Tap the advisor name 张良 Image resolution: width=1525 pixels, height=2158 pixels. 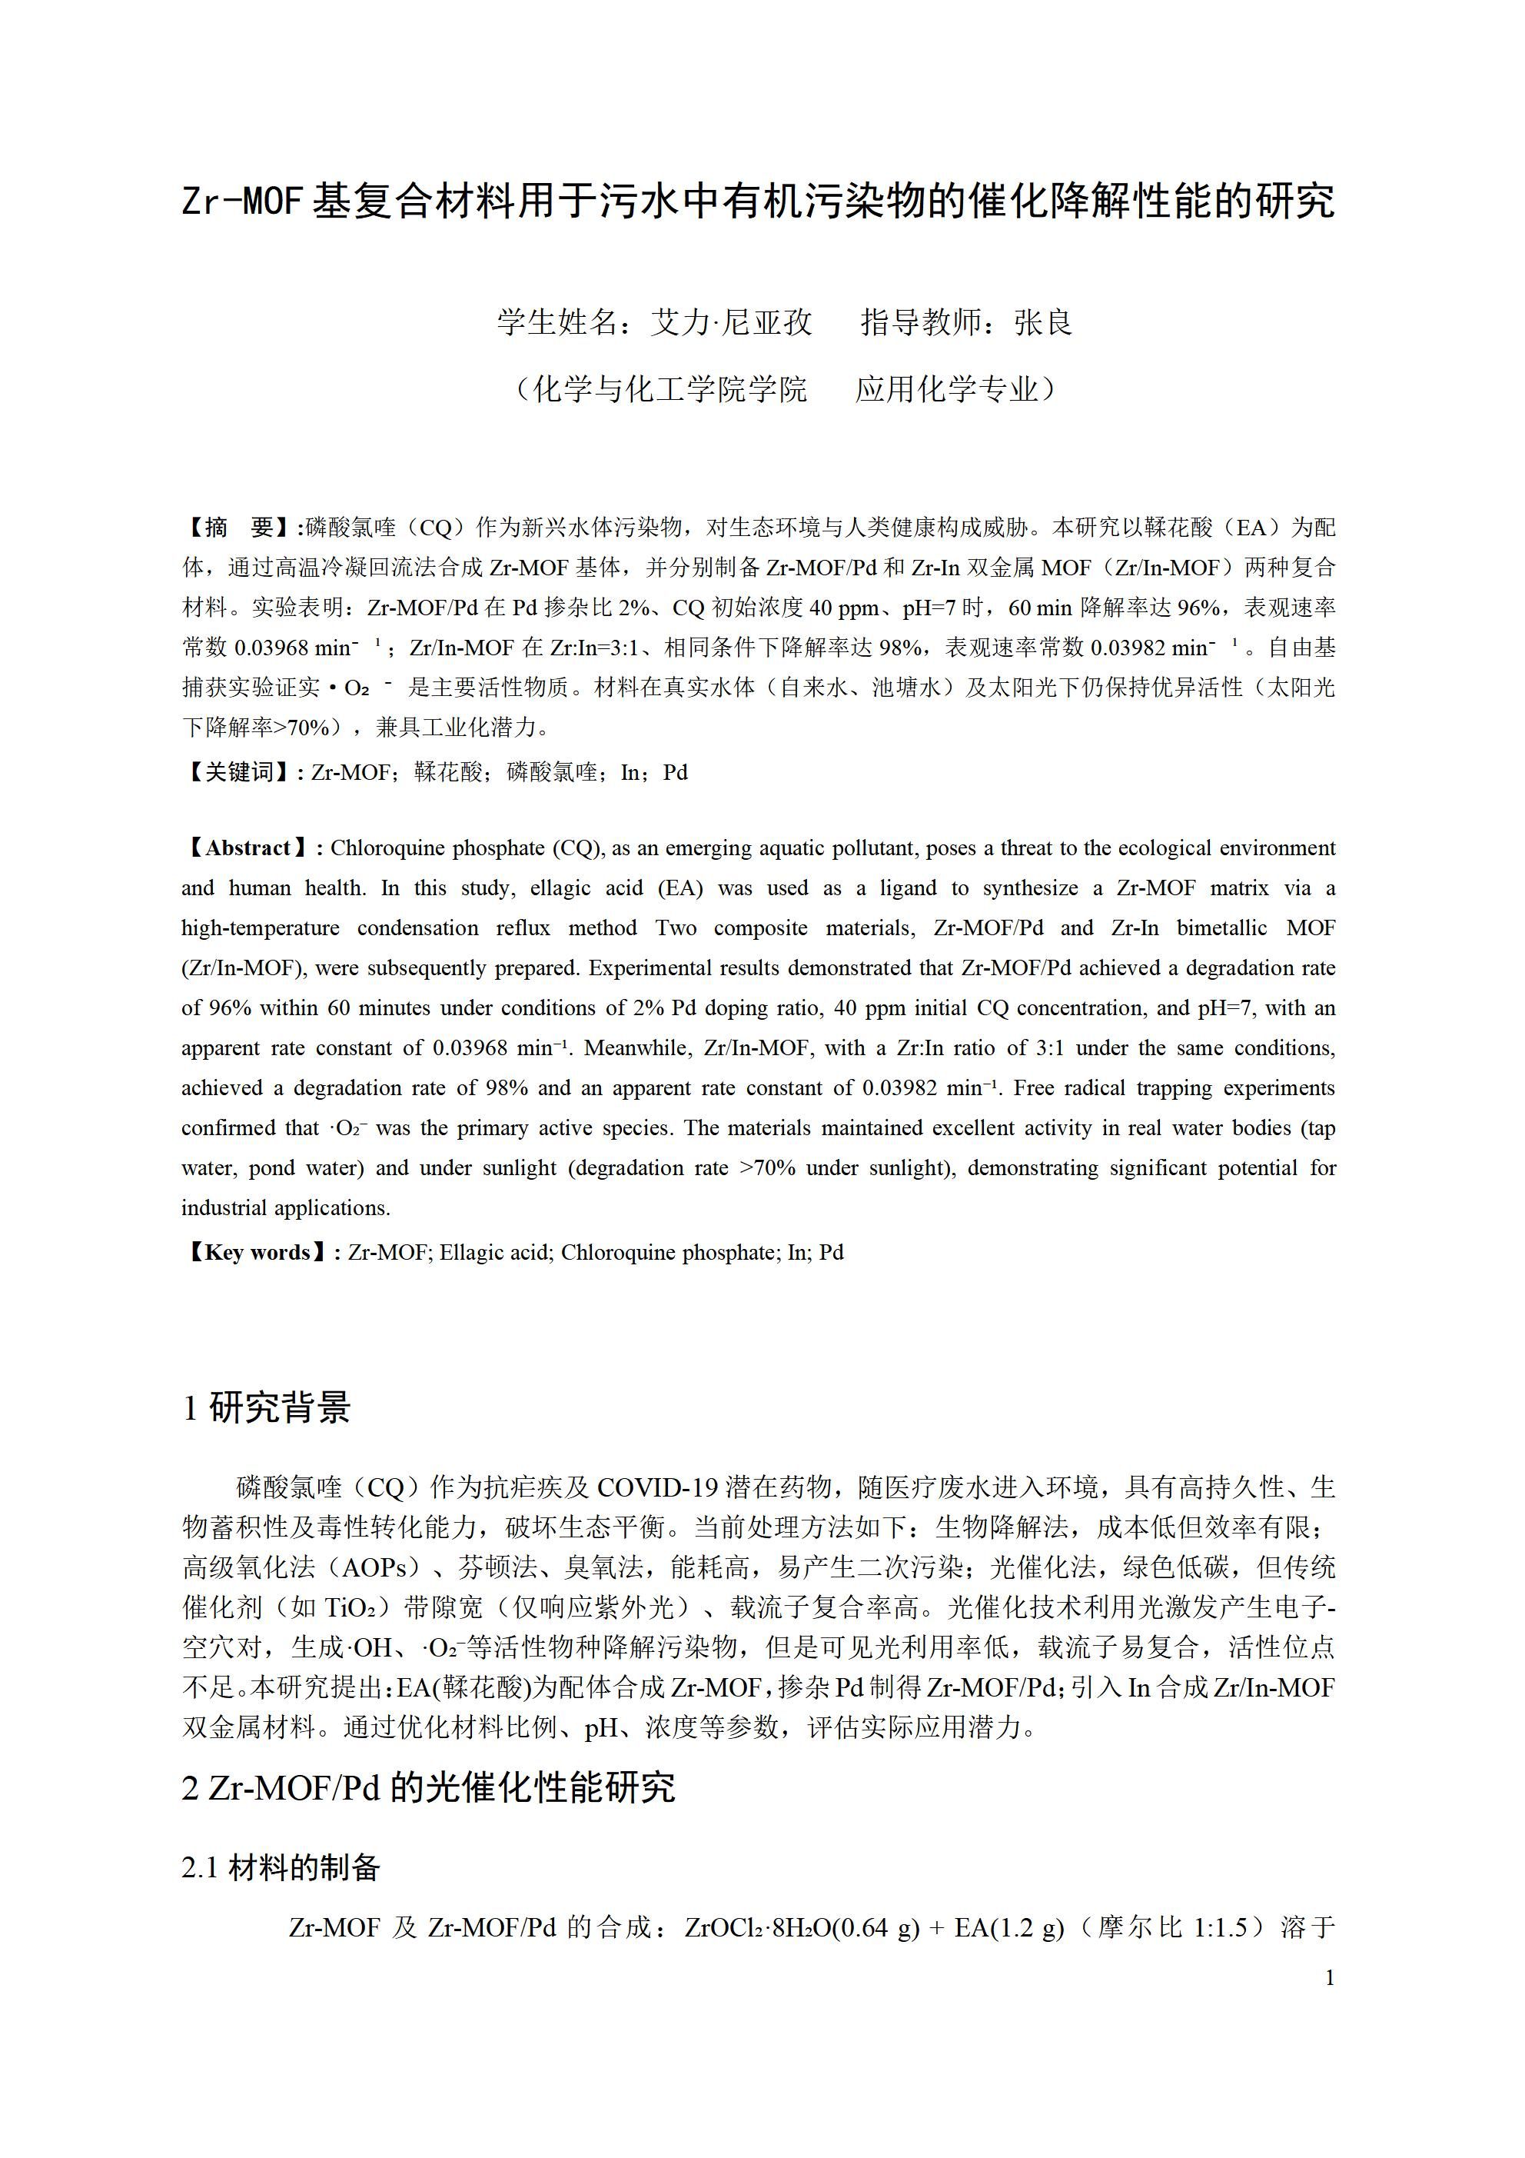(x=1043, y=322)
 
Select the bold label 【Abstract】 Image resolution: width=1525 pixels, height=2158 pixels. (x=248, y=848)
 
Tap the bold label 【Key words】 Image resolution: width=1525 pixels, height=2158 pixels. (x=256, y=1252)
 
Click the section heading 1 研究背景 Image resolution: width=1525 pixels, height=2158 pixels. (x=266, y=1407)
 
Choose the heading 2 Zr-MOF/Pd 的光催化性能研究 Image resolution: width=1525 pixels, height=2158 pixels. (x=427, y=1787)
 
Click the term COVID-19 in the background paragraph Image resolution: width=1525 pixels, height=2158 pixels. (x=656, y=1487)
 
